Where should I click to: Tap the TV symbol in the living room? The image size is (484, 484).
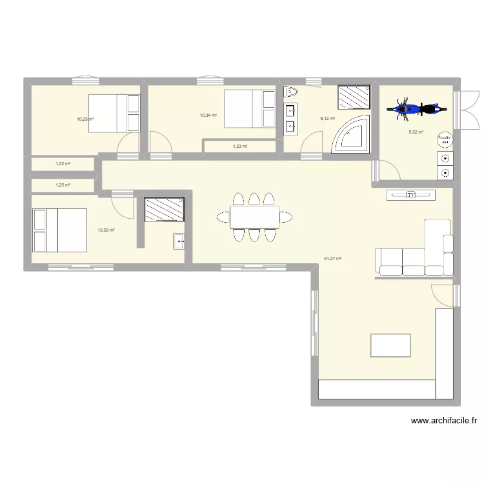click(x=410, y=195)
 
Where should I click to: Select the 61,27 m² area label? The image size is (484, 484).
click(x=333, y=259)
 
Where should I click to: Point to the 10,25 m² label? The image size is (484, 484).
click(x=85, y=119)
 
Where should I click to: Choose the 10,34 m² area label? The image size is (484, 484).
click(x=208, y=116)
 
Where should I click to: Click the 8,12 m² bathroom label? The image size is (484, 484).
click(x=328, y=118)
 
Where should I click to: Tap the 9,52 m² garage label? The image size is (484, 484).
click(x=416, y=132)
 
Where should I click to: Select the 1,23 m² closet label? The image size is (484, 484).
click(x=240, y=146)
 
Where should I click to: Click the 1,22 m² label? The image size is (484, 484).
click(x=63, y=164)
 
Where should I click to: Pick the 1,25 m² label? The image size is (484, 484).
click(x=63, y=185)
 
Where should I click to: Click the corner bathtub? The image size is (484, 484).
click(x=352, y=136)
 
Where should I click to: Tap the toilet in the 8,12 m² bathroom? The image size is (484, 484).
click(x=290, y=92)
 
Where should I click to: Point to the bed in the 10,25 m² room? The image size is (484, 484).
click(x=114, y=114)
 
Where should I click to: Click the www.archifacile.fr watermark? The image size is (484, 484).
click(x=444, y=421)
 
